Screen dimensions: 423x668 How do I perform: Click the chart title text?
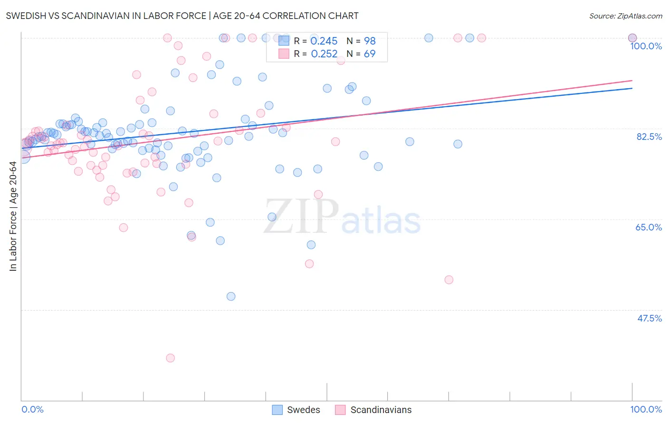[182, 16]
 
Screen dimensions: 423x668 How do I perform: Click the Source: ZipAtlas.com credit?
[625, 16]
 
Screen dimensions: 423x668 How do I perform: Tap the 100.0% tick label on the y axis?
[646, 46]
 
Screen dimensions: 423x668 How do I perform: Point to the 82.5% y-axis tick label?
[649, 137]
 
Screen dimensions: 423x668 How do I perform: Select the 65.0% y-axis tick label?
[649, 227]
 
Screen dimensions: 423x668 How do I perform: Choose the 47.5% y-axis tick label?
[649, 318]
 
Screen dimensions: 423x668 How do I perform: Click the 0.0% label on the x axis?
[32, 409]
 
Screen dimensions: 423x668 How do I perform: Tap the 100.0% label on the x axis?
[646, 409]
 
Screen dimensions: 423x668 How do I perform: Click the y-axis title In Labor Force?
[13, 216]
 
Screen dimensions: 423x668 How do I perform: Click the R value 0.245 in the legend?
[324, 41]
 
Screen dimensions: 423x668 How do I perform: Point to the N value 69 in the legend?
[369, 54]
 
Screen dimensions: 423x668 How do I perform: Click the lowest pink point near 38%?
[171, 358]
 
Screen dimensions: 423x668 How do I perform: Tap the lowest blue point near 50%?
[231, 296]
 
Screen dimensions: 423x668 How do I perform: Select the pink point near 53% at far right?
[449, 280]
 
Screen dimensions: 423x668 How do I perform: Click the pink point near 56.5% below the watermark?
[309, 264]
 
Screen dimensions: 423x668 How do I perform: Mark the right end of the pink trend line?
[632, 81]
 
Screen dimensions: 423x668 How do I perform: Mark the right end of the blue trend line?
[632, 88]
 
